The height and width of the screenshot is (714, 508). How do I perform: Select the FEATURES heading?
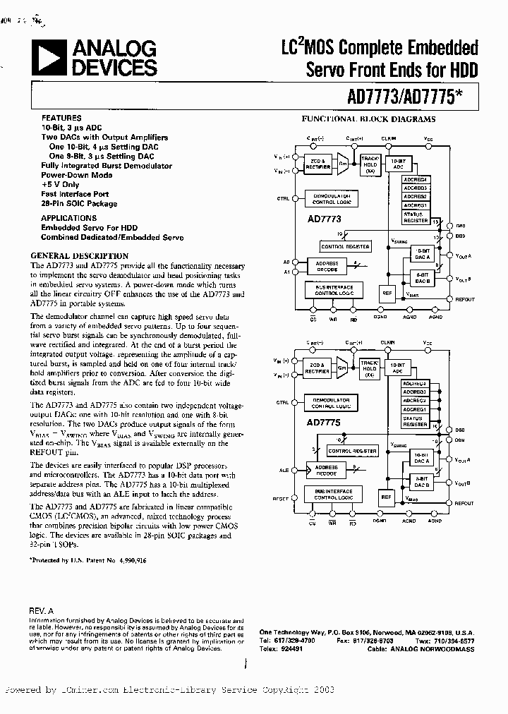point(61,118)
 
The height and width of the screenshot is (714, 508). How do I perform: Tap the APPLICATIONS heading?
point(68,218)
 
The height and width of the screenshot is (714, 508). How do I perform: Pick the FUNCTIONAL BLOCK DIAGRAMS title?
point(368,119)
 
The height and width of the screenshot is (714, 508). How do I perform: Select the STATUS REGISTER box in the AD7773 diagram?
point(416,217)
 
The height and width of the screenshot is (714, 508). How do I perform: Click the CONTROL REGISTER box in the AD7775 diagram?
point(352,451)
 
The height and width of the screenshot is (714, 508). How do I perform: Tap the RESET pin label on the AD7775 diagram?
point(280,499)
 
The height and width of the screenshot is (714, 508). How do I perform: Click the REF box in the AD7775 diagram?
point(386,497)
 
